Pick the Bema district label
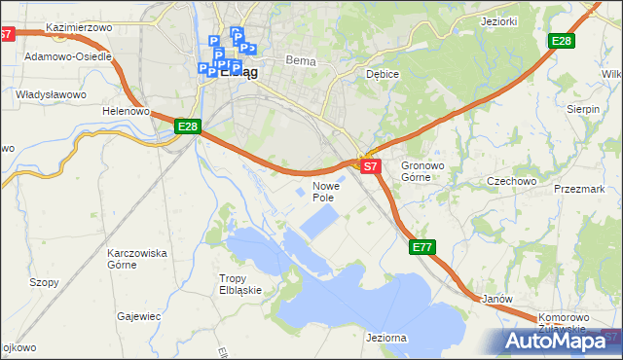(301, 60)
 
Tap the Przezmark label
(579, 190)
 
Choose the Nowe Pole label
(324, 191)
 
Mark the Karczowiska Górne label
(137, 259)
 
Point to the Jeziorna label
(386, 337)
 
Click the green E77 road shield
(421, 248)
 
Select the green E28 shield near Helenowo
(188, 126)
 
